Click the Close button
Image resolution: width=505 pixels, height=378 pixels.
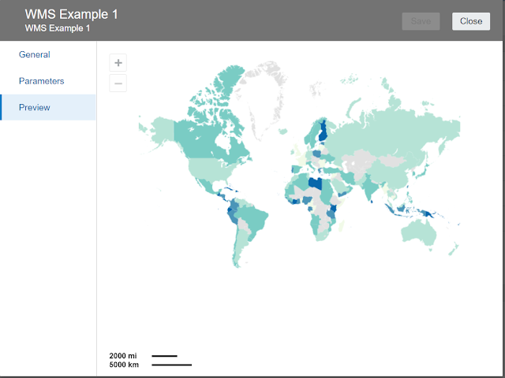(x=471, y=21)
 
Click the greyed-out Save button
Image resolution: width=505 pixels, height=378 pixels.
(x=421, y=21)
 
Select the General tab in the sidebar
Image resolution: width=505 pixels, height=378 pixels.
(x=34, y=54)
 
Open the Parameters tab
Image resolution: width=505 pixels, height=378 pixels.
(x=41, y=81)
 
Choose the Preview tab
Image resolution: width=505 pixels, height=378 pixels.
(x=35, y=107)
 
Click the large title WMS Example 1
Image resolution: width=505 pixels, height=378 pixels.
(x=72, y=14)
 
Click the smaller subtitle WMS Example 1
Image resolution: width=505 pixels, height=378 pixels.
(x=58, y=28)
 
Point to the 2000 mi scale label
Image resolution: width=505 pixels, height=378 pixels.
(x=122, y=356)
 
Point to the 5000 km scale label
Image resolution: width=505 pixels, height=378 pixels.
(x=124, y=365)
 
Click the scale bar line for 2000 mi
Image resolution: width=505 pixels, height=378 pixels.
(x=164, y=356)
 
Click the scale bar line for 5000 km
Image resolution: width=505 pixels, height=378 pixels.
(x=171, y=365)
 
